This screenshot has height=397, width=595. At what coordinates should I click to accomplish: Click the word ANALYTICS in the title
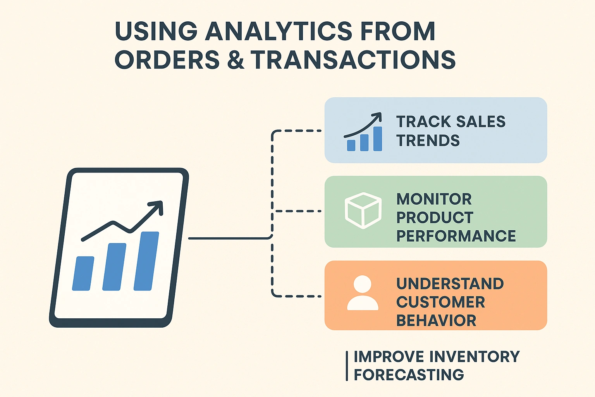(279, 31)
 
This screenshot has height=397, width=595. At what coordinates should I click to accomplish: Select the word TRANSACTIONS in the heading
(353, 60)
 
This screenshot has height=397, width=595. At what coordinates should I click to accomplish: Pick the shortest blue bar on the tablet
(83, 273)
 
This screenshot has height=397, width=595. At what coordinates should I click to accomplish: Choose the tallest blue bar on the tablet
(146, 261)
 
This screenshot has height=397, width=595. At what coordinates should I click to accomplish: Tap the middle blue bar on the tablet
(114, 267)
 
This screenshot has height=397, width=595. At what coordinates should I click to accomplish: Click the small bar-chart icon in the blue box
(363, 132)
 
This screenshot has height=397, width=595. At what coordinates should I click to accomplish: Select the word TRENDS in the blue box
(428, 140)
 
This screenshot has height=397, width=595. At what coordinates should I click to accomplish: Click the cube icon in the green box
(363, 211)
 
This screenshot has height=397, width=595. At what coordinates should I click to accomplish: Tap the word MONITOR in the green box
(434, 199)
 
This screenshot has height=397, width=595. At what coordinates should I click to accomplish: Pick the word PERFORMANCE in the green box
(456, 236)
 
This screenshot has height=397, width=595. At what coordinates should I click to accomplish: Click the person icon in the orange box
(363, 293)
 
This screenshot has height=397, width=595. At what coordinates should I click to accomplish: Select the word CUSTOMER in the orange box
(441, 302)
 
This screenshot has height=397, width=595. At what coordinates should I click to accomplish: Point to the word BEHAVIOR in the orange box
(436, 320)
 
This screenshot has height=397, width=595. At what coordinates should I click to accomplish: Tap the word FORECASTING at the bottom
(409, 375)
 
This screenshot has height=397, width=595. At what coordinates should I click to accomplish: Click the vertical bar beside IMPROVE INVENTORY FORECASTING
(347, 366)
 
